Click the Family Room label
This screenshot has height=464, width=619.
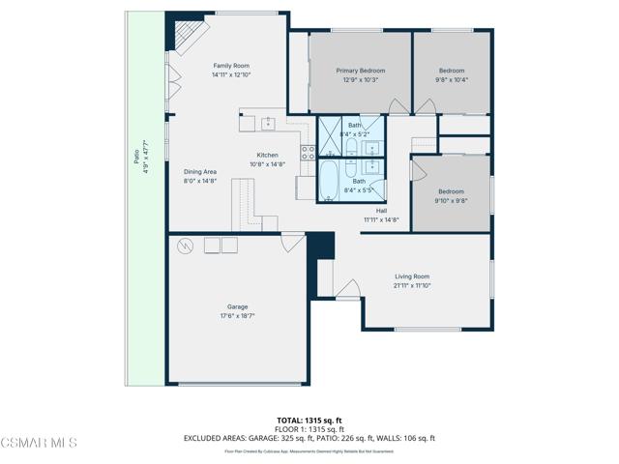click(230, 66)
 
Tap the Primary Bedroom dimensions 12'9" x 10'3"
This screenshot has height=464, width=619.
click(360, 79)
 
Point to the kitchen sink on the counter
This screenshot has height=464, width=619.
click(267, 123)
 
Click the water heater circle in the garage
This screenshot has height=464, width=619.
click(185, 246)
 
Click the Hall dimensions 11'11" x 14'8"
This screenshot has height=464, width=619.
click(381, 219)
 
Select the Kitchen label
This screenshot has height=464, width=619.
click(267, 155)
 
